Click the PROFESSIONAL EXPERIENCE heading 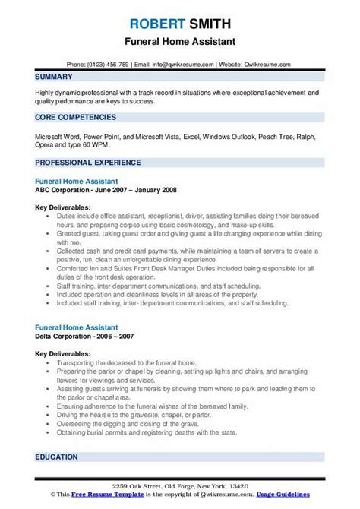[x=88, y=162]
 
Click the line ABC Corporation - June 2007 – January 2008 [x=106, y=191]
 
